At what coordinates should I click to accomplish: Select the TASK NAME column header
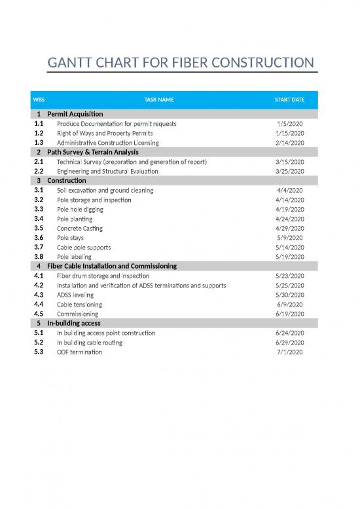pos(159,100)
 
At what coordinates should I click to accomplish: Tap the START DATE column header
pos(289,100)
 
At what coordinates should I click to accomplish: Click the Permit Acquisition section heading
pos(75,114)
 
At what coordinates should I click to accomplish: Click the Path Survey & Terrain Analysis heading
pos(92,152)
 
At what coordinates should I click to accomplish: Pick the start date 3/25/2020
pos(289,171)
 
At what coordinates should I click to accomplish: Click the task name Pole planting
pos(75,219)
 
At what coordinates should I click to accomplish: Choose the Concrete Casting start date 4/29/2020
pos(289,229)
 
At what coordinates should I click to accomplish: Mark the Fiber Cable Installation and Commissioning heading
pos(112,266)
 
